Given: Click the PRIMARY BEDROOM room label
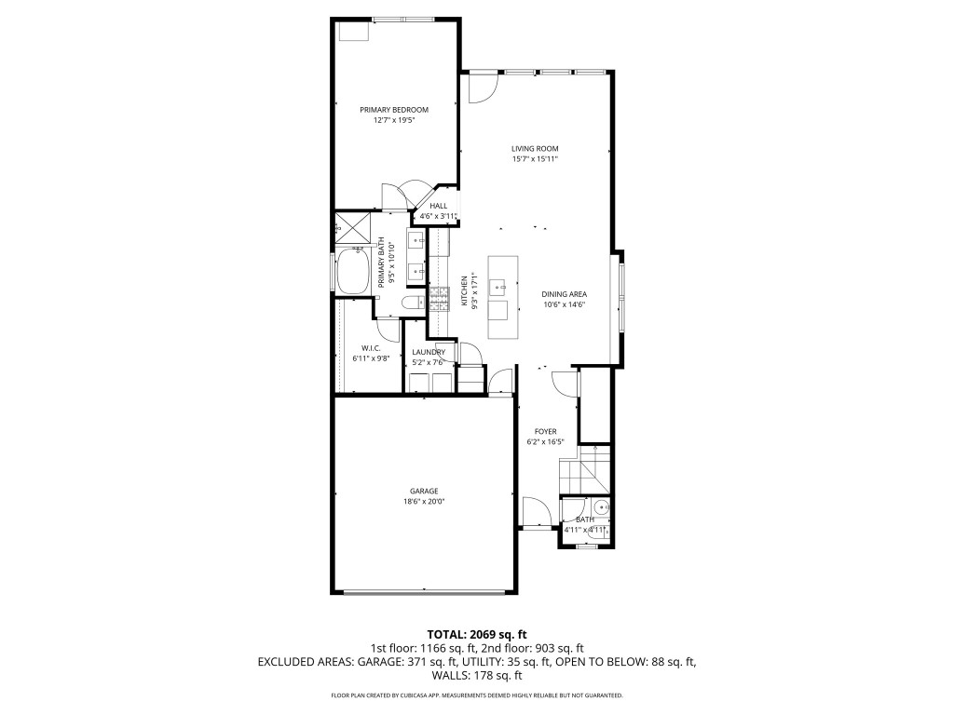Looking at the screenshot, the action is [394, 110].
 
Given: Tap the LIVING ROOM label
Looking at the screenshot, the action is [535, 149].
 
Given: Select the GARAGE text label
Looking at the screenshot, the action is [424, 492].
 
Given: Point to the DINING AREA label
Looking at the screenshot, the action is [565, 295].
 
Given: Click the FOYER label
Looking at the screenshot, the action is [546, 432].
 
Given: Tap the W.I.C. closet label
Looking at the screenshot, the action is [371, 348].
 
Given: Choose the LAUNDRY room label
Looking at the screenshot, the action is [429, 352].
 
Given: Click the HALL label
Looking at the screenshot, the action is [438, 206].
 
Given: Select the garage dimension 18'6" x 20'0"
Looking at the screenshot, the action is [424, 502].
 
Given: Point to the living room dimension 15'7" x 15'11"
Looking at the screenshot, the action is [535, 160].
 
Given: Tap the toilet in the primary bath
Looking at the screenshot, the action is [413, 302].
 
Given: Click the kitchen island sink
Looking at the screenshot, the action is [500, 284].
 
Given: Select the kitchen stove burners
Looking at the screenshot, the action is [438, 298].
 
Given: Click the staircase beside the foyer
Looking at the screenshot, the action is [585, 468].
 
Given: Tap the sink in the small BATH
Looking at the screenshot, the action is [602, 506].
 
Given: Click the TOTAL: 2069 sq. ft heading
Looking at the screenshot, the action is [476, 635].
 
